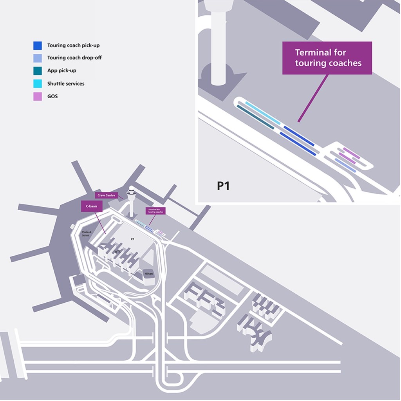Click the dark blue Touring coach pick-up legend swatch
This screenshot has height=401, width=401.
pos(38,45)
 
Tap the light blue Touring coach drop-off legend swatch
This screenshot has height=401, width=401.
pos(38,58)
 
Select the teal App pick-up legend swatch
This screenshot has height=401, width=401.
pos(38,70)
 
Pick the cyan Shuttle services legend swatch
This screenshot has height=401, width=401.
pos(38,83)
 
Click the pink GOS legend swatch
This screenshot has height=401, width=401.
pos(38,96)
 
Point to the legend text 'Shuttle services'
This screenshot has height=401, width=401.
pos(66,83)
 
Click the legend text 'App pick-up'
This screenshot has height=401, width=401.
pos(62,71)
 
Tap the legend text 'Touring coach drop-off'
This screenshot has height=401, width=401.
pos(74,58)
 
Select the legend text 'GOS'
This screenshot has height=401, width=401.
pos(52,96)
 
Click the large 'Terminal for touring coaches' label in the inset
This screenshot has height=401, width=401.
pos(327,58)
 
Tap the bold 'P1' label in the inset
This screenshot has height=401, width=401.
pos(223,186)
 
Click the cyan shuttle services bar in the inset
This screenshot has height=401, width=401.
pos(263,113)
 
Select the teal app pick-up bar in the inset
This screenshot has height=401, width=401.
pos(255,116)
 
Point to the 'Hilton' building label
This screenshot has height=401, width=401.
pos(148,273)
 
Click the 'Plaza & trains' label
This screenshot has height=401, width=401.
pos(86,233)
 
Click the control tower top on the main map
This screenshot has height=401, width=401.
pos(132,192)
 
